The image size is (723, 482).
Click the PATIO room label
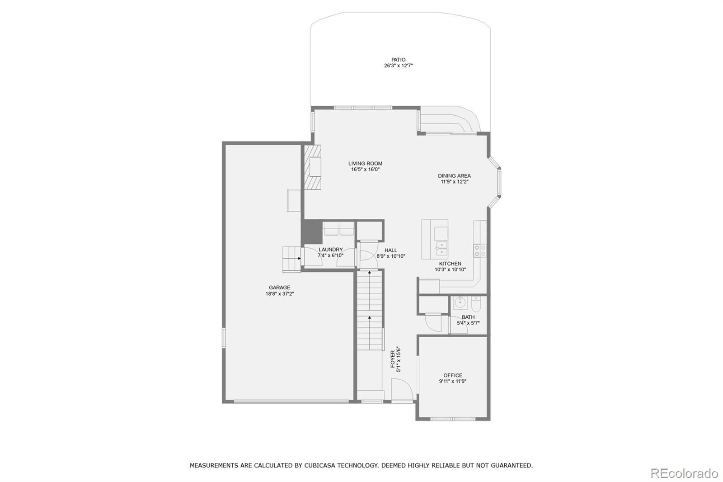(x=398, y=60)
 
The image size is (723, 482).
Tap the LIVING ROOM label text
(x=365, y=164)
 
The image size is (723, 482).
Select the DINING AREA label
(x=454, y=176)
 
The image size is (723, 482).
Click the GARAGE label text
(x=279, y=288)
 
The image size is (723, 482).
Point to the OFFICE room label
(x=452, y=375)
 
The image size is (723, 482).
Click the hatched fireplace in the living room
(x=312, y=167)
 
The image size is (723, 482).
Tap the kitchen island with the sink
(x=435, y=239)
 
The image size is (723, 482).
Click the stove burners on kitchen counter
(x=480, y=250)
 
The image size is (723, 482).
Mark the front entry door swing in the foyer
(x=402, y=389)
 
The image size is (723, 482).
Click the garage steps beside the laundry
(x=291, y=259)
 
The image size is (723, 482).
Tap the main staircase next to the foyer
(x=370, y=312)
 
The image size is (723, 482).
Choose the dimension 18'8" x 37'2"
(x=279, y=294)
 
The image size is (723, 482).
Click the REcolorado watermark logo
(x=684, y=473)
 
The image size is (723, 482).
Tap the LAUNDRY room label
(x=330, y=250)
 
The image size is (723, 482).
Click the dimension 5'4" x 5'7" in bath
(x=468, y=323)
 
